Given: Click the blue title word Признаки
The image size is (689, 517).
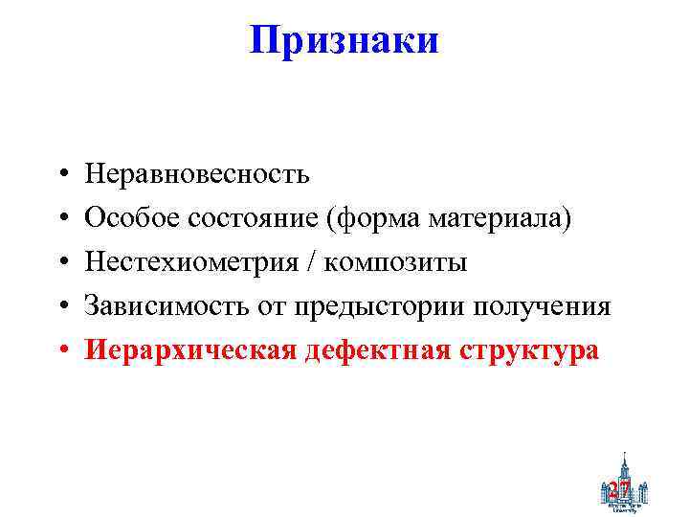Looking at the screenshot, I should click(x=344, y=40).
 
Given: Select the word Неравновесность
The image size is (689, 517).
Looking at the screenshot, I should click(x=197, y=174).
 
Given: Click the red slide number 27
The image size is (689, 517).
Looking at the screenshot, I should click(x=619, y=489).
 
